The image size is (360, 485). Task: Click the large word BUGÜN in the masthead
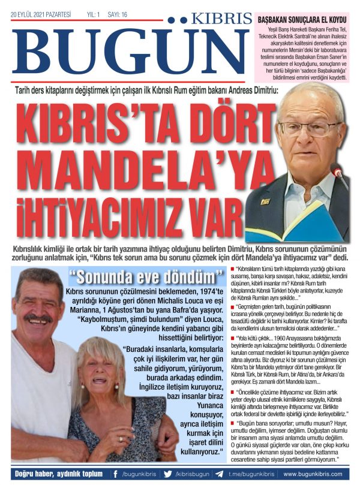(x=126, y=52)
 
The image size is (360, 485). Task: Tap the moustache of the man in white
(x=37, y=317)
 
